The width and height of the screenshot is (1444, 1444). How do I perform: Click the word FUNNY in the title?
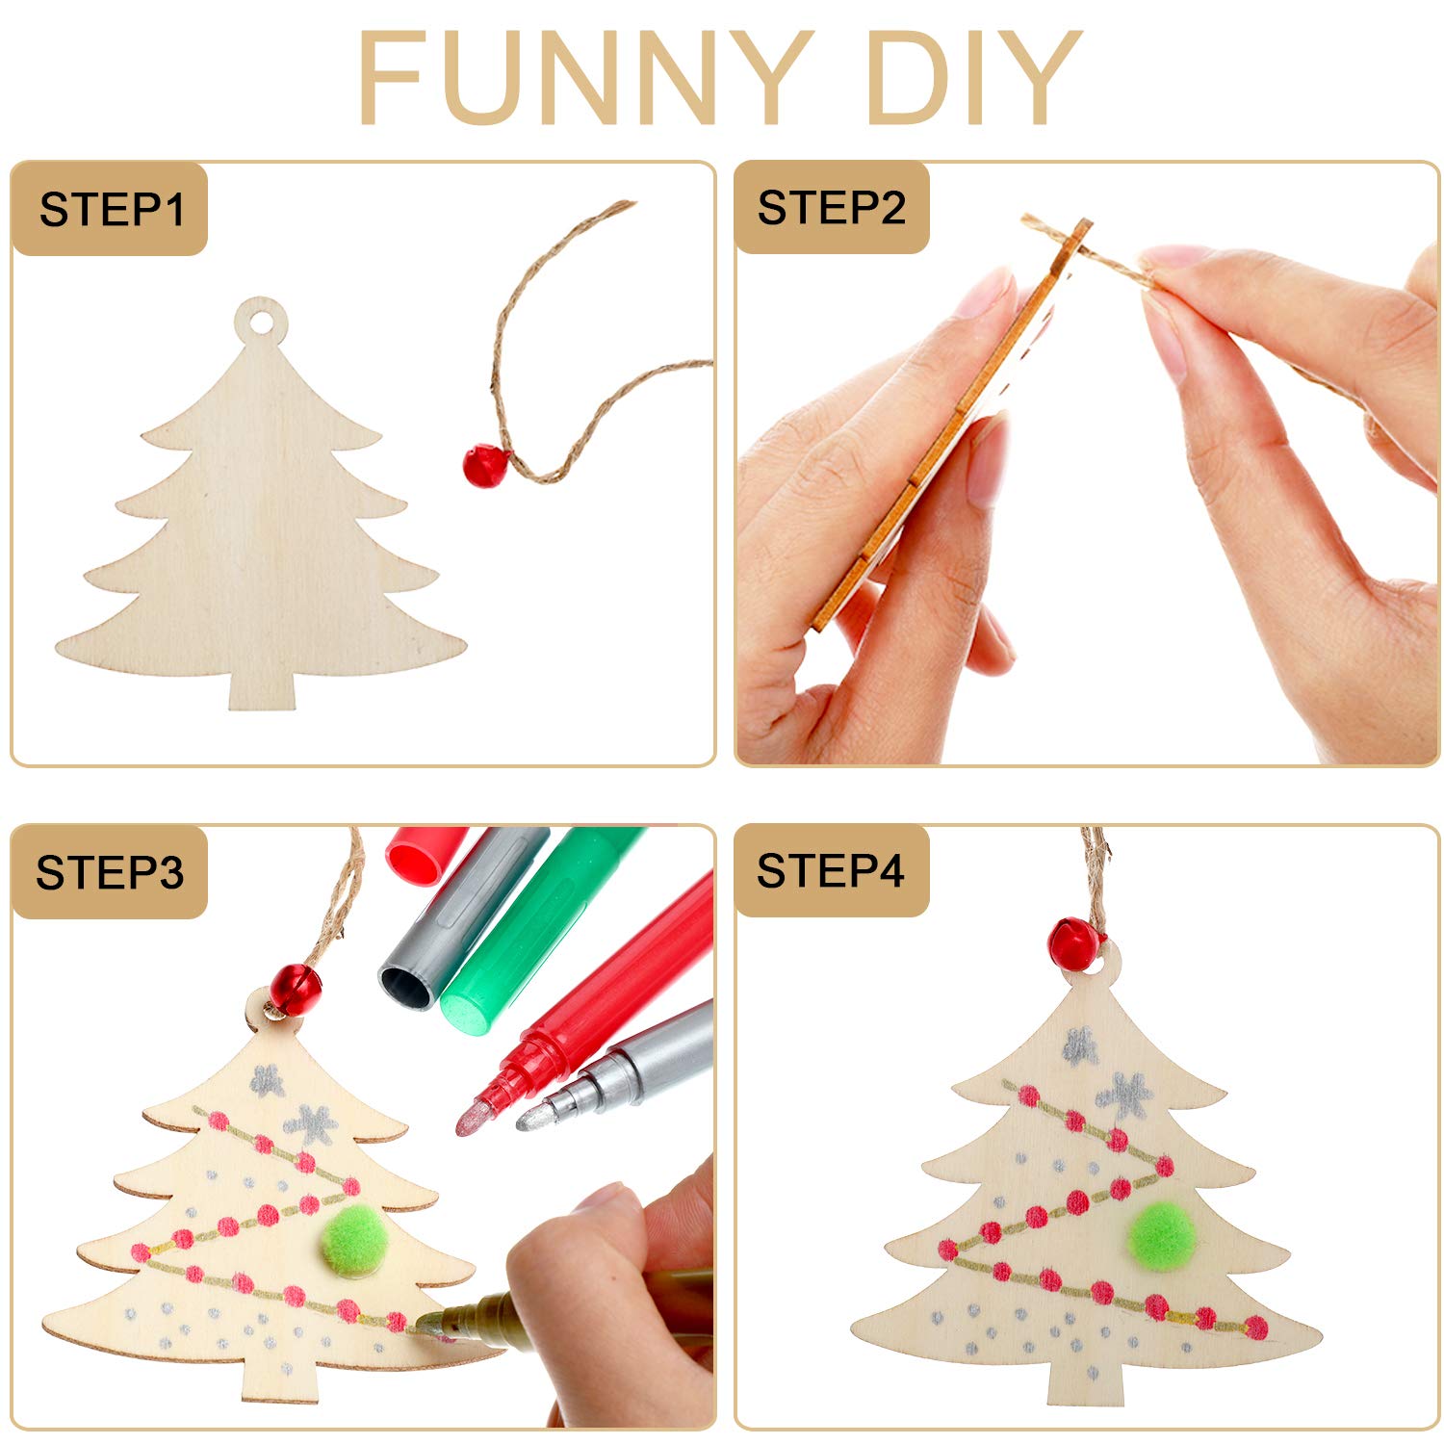coord(584,77)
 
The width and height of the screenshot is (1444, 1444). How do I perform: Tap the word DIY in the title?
coord(974,77)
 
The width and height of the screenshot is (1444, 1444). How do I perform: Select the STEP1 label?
coord(112,210)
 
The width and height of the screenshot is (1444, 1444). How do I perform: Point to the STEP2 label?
coord(832,208)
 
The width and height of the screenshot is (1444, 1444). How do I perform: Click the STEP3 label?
coord(110,873)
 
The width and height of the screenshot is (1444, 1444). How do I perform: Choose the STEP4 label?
coord(831,871)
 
